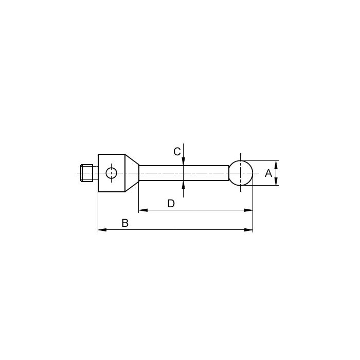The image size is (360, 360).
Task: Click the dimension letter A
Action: click(268, 173)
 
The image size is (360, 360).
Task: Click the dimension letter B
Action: click(125, 223)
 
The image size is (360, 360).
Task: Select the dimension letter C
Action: click(177, 152)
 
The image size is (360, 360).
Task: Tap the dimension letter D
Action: click(171, 204)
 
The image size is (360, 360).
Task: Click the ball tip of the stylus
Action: click(241, 173)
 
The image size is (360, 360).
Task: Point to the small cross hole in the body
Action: click(112, 173)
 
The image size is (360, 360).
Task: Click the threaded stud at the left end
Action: click(87, 173)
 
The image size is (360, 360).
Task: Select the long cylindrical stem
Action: click(184, 173)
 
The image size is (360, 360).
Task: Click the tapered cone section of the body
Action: click(132, 173)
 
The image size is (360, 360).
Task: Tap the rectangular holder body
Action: click(112, 173)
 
